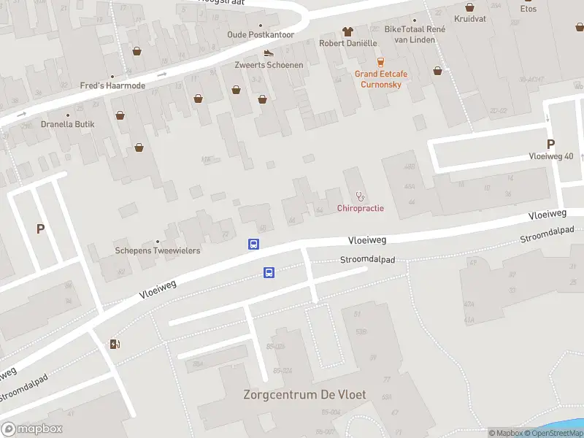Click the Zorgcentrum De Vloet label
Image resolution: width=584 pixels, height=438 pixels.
point(304,395)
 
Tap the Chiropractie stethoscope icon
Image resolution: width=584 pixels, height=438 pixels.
point(359,196)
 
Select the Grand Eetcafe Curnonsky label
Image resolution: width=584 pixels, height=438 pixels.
point(381,79)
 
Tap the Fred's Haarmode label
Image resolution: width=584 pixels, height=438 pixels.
point(112,85)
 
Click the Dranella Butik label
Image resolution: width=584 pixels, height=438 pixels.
point(68,124)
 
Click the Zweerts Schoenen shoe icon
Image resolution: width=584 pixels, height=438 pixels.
point(269,53)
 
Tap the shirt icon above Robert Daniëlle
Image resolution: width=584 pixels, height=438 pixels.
point(347,31)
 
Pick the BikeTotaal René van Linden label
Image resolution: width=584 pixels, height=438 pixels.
point(415,34)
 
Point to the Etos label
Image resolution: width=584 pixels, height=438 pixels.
point(528,9)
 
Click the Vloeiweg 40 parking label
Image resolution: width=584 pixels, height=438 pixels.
point(551,156)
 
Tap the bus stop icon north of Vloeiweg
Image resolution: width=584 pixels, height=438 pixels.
point(254,245)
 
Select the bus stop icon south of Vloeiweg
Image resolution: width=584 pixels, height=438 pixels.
point(269,273)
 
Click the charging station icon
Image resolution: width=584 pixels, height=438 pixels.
point(115,344)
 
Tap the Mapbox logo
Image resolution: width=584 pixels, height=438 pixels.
point(32,429)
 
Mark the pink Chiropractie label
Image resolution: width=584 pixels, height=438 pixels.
point(360,209)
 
